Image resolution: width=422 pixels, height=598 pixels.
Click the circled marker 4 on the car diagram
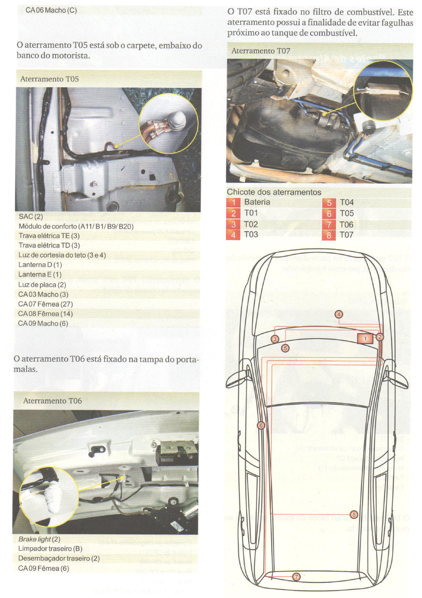tap(339, 314)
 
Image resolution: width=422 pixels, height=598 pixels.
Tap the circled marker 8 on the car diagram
tap(354, 514)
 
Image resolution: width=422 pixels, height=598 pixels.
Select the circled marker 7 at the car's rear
tap(296, 577)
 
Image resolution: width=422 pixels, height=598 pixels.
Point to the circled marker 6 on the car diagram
tap(261, 425)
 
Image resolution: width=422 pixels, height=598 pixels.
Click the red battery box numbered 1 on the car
tap(365, 338)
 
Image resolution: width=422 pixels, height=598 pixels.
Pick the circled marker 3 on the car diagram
tap(275, 339)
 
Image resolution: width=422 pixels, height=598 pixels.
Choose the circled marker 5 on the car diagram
tap(285, 348)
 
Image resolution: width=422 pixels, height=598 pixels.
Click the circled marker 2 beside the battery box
tap(380, 337)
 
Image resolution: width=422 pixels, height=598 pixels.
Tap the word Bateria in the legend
tap(257, 202)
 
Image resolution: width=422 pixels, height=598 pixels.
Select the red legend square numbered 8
tap(329, 235)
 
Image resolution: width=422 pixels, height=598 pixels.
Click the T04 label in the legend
tap(347, 202)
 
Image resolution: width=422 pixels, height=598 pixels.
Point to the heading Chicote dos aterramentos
tap(274, 192)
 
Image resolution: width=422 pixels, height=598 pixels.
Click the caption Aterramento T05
tap(49, 79)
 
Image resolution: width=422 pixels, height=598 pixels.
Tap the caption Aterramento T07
tap(260, 51)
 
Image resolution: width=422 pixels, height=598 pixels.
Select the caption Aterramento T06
tap(52, 400)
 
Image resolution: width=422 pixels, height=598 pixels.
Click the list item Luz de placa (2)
tap(42, 285)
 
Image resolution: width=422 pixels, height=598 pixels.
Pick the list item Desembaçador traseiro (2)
tap(59, 558)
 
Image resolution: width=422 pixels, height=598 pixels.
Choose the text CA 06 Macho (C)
tap(51, 10)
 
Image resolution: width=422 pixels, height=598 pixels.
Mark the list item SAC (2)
tap(31, 217)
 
